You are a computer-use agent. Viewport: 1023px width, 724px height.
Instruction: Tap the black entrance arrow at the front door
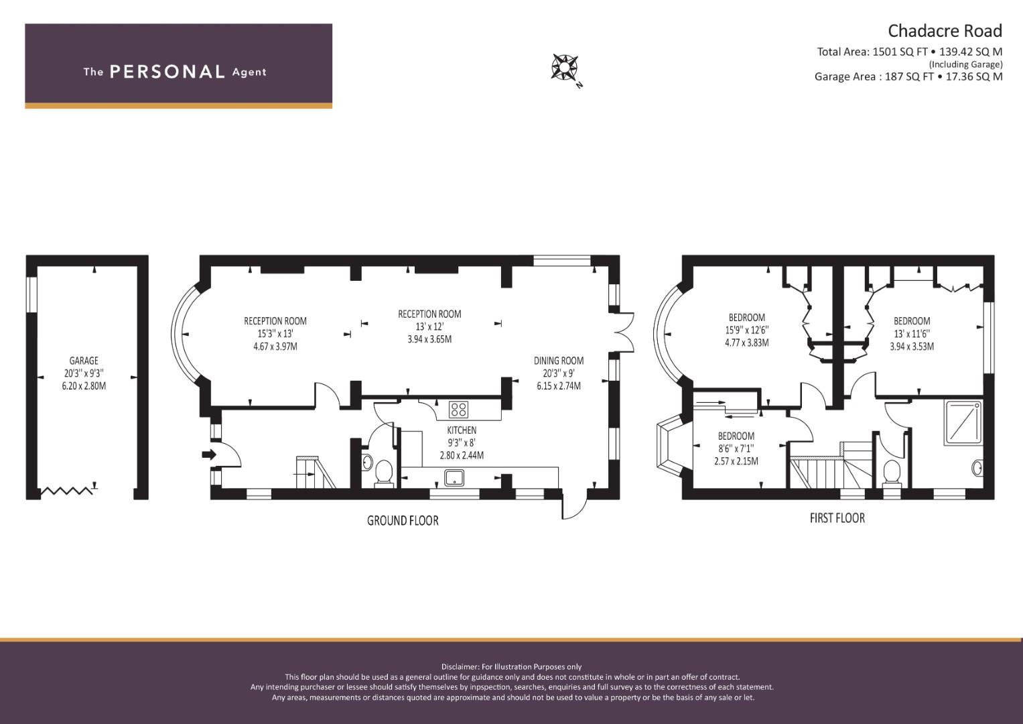(x=209, y=455)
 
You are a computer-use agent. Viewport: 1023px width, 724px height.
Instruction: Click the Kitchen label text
(x=462, y=430)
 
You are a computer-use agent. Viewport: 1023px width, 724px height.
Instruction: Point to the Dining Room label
(x=559, y=361)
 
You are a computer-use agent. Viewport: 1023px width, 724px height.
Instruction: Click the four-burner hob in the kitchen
(x=458, y=410)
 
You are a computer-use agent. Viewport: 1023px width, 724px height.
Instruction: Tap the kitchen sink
(x=454, y=478)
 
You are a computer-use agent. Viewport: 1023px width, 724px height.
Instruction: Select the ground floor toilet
(x=384, y=473)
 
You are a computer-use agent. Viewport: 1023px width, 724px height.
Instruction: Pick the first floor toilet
(x=892, y=473)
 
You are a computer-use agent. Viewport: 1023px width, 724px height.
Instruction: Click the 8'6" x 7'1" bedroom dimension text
(x=736, y=448)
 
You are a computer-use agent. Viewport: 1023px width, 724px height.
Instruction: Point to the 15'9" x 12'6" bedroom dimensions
(x=747, y=330)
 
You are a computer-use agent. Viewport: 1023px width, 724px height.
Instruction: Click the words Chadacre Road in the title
(x=945, y=31)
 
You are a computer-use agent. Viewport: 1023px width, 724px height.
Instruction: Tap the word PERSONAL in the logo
(x=167, y=72)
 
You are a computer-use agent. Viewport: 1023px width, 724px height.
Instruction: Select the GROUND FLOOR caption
(x=403, y=521)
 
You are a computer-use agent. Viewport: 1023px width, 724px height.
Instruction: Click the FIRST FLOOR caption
(x=837, y=518)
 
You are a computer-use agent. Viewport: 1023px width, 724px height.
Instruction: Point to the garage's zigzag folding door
(x=67, y=491)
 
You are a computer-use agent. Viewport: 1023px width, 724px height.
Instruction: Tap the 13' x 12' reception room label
(x=429, y=327)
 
